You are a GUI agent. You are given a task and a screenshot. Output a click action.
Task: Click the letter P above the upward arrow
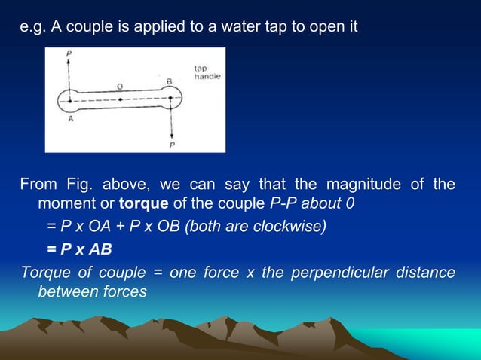pos(69,54)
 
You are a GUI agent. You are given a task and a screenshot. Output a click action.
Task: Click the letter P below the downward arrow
pos(172,145)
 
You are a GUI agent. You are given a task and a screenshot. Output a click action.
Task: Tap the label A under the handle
pos(71,118)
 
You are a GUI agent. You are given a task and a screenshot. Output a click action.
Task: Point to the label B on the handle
pos(169,81)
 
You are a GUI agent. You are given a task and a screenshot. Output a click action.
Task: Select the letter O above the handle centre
pos(121,87)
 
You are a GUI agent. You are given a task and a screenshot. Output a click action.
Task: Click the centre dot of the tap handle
pos(120,96)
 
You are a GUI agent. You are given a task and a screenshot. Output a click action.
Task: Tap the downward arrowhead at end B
pos(172,135)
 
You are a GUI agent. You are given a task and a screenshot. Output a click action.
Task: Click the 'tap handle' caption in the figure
pos(207,73)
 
